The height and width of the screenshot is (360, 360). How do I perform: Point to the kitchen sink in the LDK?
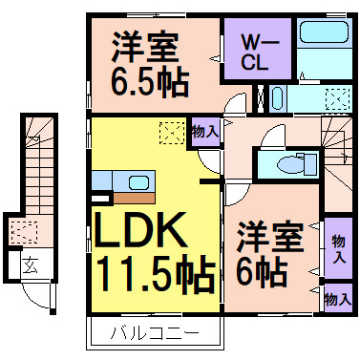(x=138, y=181)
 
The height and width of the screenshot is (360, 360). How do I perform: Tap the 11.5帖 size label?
(x=153, y=276)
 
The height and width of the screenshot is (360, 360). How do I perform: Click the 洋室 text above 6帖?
(x=270, y=235)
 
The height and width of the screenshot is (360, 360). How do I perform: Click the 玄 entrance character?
(x=32, y=266)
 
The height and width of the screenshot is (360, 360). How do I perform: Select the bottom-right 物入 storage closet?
(x=336, y=298)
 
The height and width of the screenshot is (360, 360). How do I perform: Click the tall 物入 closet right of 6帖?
(x=337, y=246)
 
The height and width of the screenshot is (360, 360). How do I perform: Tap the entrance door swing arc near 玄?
(x=36, y=292)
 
